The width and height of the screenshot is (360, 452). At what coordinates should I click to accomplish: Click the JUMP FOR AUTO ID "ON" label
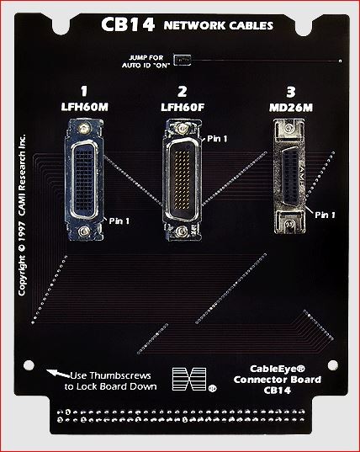pyautogui.click(x=149, y=60)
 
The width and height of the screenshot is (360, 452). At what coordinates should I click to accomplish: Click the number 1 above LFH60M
pyautogui.click(x=83, y=91)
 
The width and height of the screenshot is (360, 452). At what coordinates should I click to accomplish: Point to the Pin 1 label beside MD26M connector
pyautogui.click(x=325, y=215)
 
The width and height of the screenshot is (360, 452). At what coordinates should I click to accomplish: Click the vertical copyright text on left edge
pyautogui.click(x=22, y=214)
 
